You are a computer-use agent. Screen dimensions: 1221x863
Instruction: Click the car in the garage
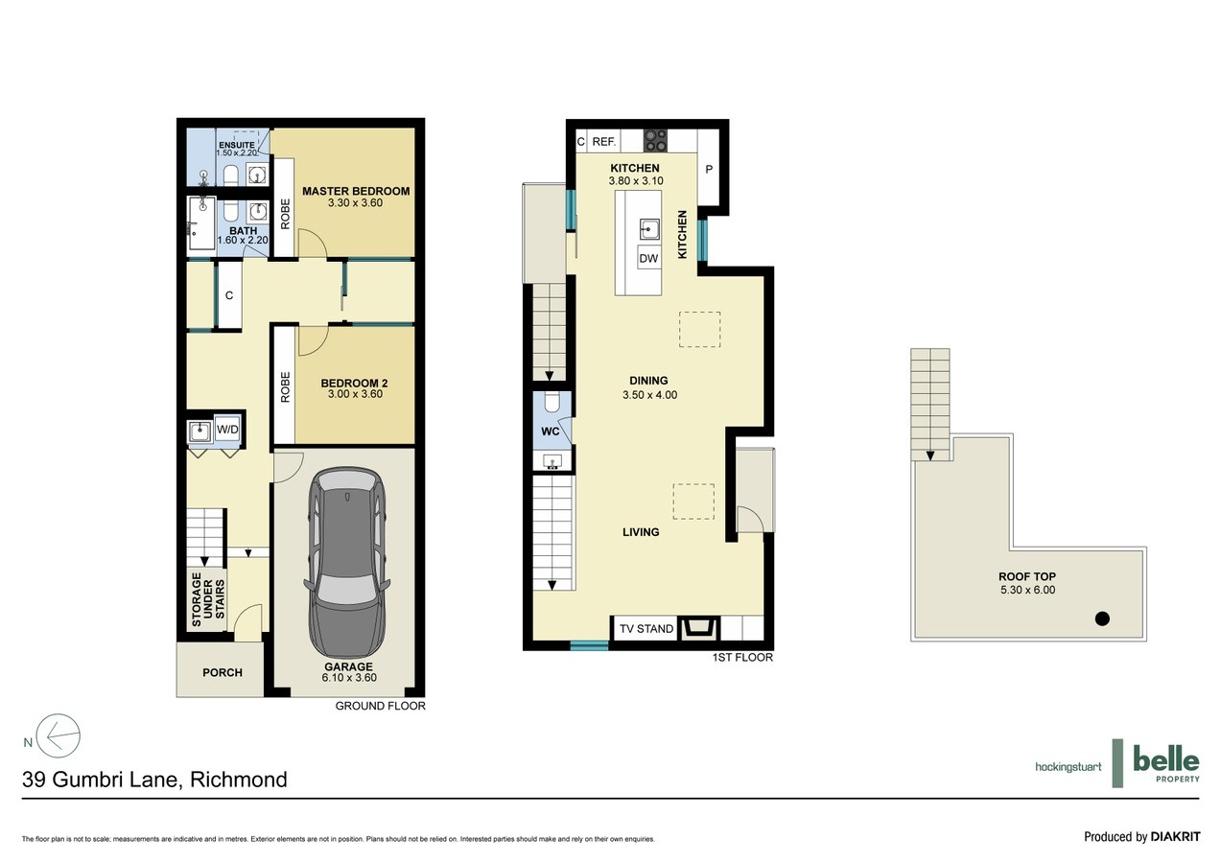(x=348, y=563)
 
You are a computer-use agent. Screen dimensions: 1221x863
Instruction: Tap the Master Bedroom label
(x=356, y=191)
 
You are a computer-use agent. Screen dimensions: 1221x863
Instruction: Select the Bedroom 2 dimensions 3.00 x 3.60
(x=356, y=394)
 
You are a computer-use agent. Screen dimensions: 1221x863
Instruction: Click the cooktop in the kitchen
(x=656, y=141)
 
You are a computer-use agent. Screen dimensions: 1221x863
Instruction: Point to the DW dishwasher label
(x=648, y=258)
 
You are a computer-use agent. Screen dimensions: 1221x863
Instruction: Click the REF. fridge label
(x=604, y=142)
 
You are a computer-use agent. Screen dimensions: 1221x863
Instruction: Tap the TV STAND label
(x=646, y=629)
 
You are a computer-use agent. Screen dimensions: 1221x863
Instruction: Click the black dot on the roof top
(x=1102, y=618)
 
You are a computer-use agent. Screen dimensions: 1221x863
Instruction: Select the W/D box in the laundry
(x=227, y=430)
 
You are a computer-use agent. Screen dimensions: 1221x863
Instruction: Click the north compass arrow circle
(x=59, y=735)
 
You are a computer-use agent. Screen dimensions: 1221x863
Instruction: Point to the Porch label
(x=223, y=672)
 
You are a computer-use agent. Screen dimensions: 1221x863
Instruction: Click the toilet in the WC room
(x=552, y=402)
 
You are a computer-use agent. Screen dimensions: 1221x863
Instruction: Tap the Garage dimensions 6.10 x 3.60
(x=349, y=678)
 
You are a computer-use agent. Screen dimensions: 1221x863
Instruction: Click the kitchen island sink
(x=649, y=229)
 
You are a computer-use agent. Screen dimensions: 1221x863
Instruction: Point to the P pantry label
(x=709, y=170)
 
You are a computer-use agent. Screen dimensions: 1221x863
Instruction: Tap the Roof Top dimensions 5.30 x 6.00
(x=1027, y=590)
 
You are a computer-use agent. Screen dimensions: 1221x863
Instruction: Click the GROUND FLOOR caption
(x=380, y=706)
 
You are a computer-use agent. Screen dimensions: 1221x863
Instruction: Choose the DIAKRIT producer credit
(x=1175, y=836)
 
